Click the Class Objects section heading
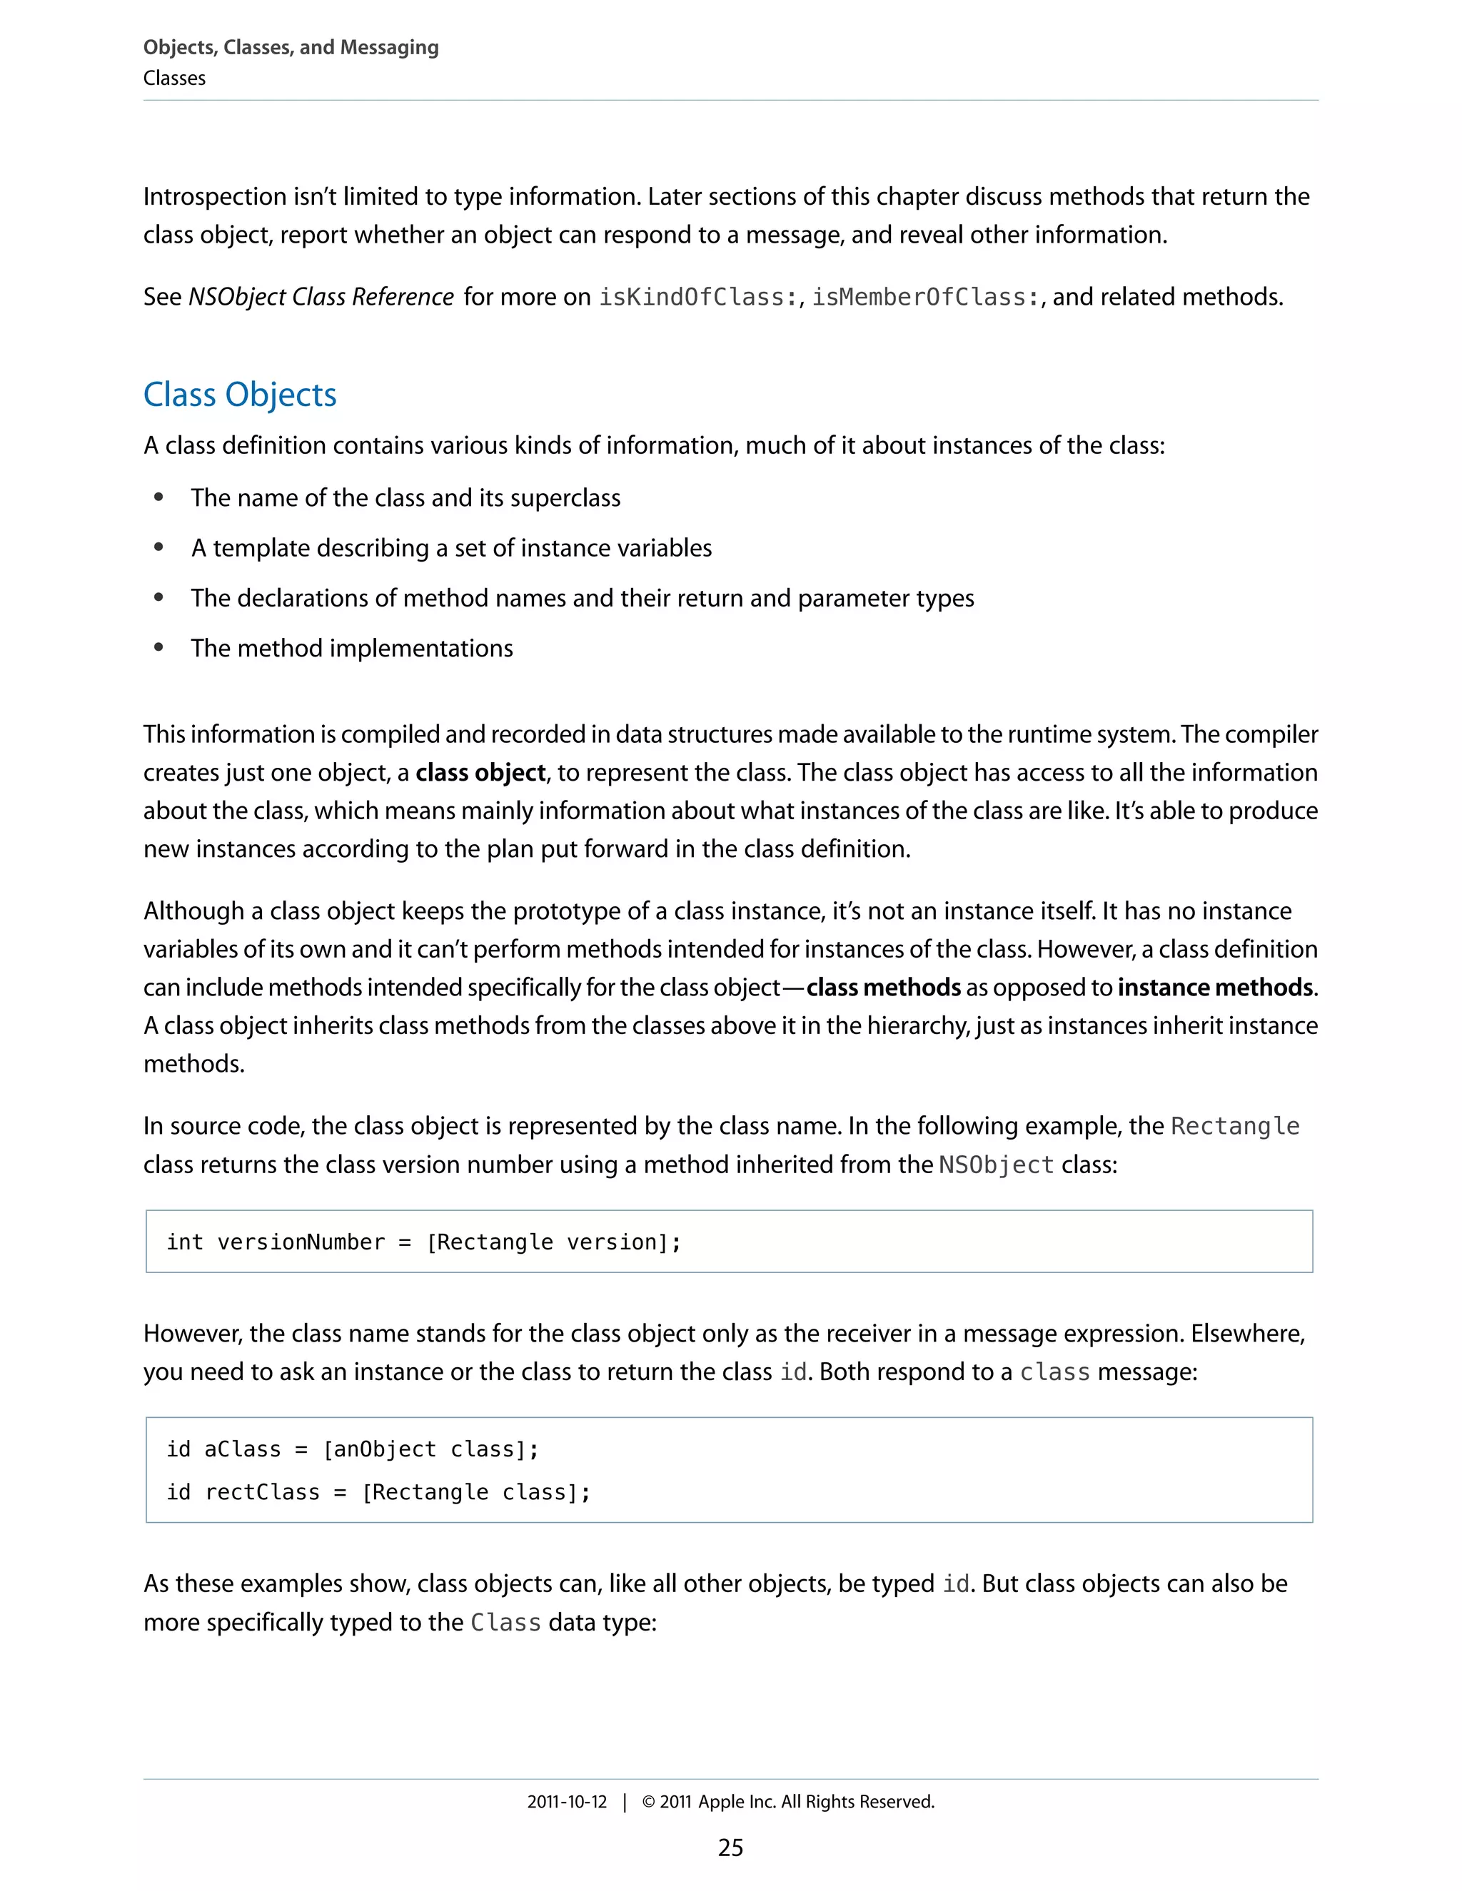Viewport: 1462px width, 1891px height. (239, 395)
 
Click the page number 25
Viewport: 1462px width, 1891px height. (730, 1847)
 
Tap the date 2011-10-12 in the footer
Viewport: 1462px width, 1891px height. (568, 1802)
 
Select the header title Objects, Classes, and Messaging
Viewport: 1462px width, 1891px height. (291, 47)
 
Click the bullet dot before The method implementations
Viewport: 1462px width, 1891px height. (158, 648)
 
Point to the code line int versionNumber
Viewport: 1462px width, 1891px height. (423, 1242)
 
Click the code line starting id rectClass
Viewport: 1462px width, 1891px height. (378, 1492)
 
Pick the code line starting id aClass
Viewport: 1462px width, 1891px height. (353, 1449)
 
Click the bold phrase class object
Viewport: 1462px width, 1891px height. (480, 772)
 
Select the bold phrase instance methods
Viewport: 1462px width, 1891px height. (1215, 987)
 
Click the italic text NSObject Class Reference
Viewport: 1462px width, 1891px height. (321, 297)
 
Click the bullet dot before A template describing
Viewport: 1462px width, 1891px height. (158, 547)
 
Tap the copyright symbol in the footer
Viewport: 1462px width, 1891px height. (648, 1802)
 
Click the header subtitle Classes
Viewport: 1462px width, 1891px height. (174, 78)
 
